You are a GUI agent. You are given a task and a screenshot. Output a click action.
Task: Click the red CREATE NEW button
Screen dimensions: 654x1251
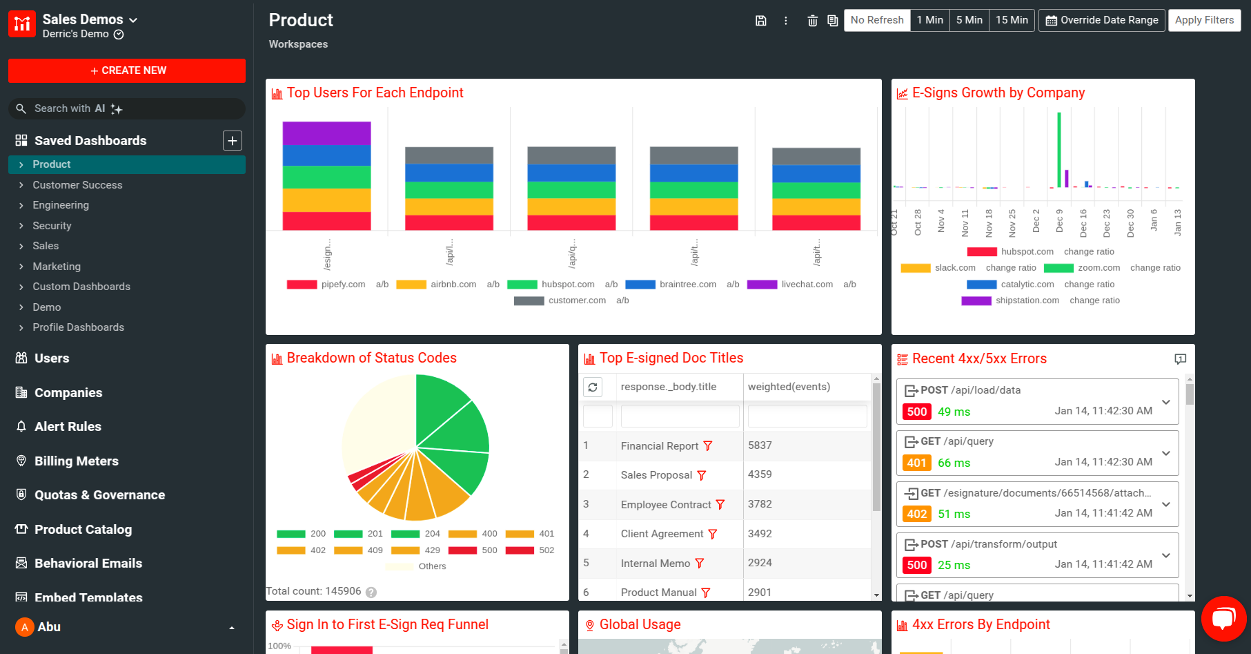coord(127,70)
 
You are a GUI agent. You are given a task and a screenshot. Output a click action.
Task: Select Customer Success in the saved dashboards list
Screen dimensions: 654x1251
coord(77,185)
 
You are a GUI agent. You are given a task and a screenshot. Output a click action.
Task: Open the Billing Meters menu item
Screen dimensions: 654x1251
coord(76,461)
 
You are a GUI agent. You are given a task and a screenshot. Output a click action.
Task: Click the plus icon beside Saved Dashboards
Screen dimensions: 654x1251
coord(233,141)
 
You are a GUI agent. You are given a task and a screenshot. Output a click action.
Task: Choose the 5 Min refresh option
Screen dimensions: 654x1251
coord(969,20)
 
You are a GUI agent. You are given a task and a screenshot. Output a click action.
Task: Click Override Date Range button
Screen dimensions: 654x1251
coord(1101,20)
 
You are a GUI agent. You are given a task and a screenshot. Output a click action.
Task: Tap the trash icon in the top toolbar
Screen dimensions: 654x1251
coord(812,21)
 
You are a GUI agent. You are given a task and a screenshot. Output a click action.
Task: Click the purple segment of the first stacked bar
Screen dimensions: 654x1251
coord(326,133)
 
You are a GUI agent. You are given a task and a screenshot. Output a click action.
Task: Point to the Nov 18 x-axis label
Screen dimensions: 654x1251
coord(989,222)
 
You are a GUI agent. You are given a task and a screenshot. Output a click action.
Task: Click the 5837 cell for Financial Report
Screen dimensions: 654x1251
coord(760,445)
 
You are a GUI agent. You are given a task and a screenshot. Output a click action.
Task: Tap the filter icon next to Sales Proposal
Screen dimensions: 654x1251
coord(702,475)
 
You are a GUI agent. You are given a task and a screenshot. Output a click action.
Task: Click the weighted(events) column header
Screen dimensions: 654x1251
coord(789,387)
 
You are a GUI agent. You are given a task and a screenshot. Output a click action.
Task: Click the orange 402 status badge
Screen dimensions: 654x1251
coord(916,514)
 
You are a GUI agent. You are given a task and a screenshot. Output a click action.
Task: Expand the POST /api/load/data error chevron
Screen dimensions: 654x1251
coord(1165,402)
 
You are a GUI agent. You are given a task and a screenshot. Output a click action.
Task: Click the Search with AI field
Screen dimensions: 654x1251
coord(131,108)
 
